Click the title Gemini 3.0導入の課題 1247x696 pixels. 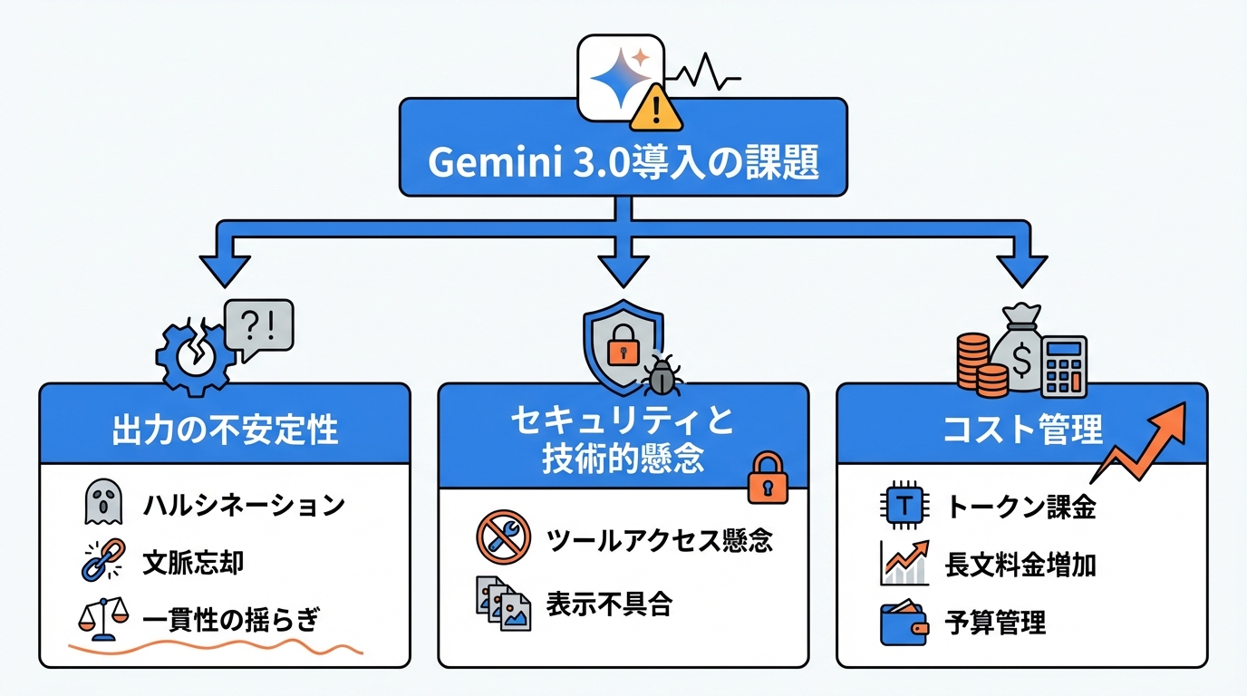click(623, 162)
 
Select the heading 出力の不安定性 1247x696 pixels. click(225, 430)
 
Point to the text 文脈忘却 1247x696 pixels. click(193, 563)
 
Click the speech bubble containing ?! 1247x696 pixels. click(258, 324)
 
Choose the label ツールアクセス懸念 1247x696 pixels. click(660, 541)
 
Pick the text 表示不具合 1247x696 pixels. click(609, 604)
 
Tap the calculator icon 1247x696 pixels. click(1064, 366)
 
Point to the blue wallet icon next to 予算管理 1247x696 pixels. click(904, 623)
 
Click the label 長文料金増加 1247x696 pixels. click(1020, 565)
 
